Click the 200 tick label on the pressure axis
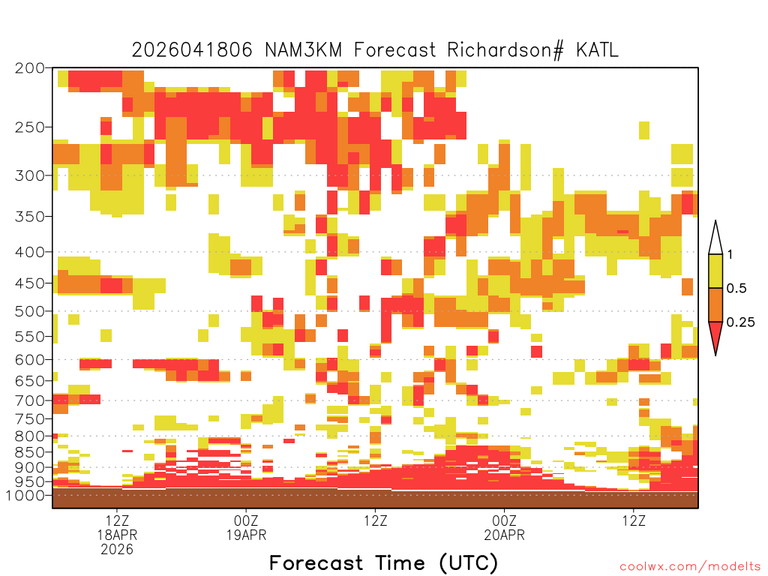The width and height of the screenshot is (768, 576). point(29,68)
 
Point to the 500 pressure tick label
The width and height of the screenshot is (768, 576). point(29,311)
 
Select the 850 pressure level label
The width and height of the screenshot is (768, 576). point(29,452)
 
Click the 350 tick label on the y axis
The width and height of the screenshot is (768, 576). point(29,217)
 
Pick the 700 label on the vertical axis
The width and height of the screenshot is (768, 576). point(29,400)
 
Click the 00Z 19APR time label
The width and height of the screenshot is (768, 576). point(246,527)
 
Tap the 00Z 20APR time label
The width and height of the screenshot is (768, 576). point(505,527)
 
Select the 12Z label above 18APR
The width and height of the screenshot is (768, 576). point(117,520)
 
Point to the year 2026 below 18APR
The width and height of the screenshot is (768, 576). point(117,550)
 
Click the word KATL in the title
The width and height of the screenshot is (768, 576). point(597,50)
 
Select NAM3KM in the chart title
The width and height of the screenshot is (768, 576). point(303,50)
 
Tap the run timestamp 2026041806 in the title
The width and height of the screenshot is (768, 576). point(192,50)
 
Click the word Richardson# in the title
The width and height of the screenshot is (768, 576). point(505,50)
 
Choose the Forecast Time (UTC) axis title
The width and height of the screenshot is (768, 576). point(383,563)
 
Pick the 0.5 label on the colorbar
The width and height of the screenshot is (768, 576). point(736,289)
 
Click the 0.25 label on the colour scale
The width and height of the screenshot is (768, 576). point(740,322)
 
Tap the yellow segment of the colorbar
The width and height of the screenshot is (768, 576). point(715,271)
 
